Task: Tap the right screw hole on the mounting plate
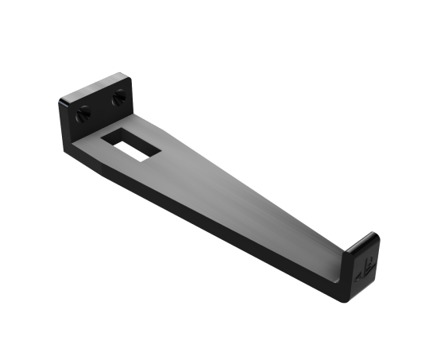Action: coord(119,99)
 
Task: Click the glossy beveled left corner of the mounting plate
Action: coord(64,100)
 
